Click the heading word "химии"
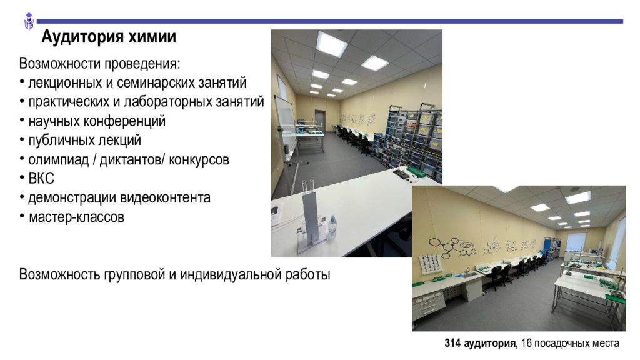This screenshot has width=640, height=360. click(x=152, y=37)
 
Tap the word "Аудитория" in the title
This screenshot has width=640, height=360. click(x=83, y=37)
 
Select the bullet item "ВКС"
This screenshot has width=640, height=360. click(x=41, y=178)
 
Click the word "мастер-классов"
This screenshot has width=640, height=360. click(x=76, y=217)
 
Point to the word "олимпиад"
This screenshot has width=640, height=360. click(x=58, y=159)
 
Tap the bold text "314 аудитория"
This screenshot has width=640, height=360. click(x=481, y=343)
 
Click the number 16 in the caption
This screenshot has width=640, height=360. click(x=526, y=343)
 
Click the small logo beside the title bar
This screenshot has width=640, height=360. click(x=29, y=21)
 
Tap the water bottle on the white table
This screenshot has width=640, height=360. click(x=332, y=227)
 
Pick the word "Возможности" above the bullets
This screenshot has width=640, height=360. click(x=60, y=64)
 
